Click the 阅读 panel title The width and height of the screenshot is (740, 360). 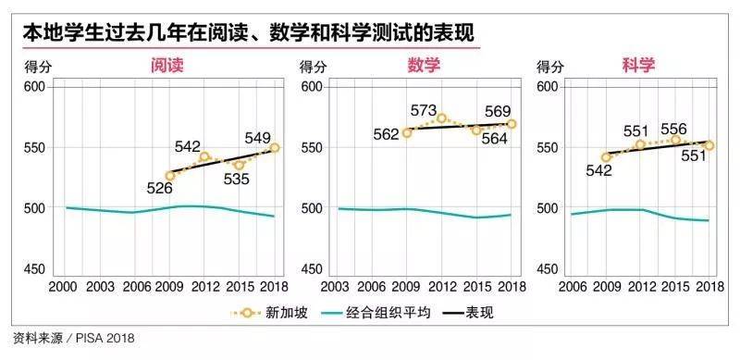166,65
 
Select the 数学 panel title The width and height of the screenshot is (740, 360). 424,65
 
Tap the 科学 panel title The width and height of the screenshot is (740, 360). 638,65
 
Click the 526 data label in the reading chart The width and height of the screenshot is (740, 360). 160,189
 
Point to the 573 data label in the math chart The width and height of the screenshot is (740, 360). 423,110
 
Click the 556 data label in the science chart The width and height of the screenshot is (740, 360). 674,129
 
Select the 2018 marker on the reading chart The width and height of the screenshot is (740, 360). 274,148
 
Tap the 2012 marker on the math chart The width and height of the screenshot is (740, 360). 442,118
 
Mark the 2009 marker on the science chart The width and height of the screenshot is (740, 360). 606,157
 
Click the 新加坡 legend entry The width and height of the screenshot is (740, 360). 268,313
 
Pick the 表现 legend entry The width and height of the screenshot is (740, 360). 469,313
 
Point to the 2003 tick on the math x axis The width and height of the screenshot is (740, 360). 336,287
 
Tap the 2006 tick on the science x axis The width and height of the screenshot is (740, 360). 572,287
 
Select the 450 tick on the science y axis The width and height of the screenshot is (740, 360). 547,268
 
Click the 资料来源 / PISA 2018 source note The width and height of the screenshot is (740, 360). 74,339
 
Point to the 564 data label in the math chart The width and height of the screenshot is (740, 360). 494,139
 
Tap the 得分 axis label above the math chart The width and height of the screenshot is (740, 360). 313,67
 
